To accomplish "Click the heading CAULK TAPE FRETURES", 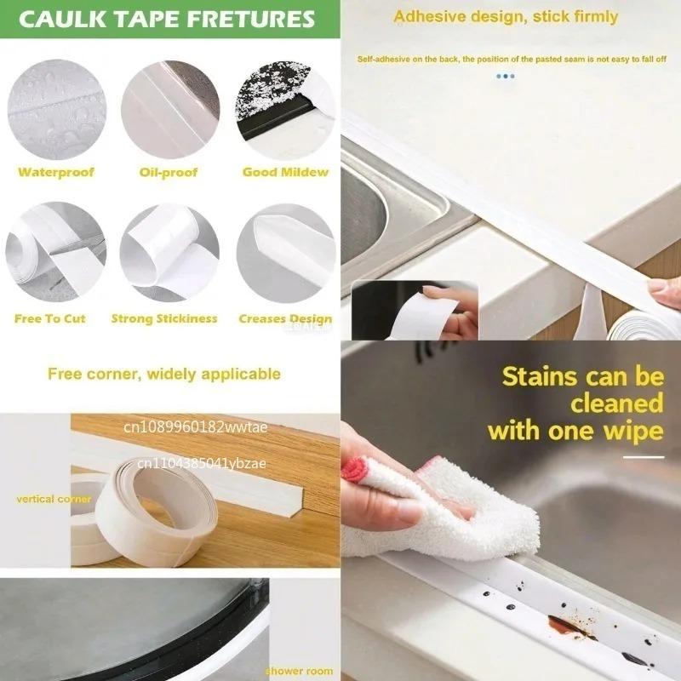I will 167,19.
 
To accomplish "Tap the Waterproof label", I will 56,172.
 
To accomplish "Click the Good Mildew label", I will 285,172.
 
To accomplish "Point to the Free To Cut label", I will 50,318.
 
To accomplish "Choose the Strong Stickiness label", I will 164,318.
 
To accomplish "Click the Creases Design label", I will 285,318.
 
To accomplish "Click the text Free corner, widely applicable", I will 164,373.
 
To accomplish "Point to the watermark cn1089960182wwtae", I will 196,427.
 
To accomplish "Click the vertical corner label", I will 53,499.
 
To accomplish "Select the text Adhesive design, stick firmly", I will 506,16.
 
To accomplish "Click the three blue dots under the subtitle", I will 506,76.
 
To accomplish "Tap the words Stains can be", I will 582,375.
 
